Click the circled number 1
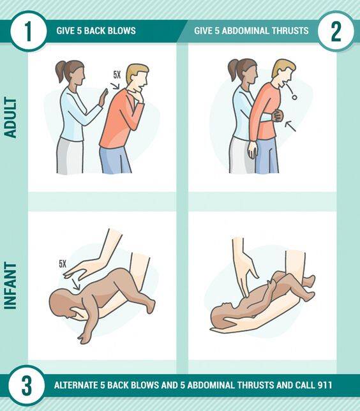coord(28,31)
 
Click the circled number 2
coord(336,31)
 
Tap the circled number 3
coord(26,385)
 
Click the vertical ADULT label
coord(10,117)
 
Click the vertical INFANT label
coord(10,285)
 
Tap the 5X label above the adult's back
coord(117,75)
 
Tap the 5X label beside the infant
coord(63,264)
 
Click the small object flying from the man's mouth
coord(294,97)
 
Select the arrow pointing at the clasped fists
coord(290,126)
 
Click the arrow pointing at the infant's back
coord(77,285)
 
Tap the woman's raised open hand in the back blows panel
coord(103,97)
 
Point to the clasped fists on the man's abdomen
coord(278,116)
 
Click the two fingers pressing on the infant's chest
coord(244,292)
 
